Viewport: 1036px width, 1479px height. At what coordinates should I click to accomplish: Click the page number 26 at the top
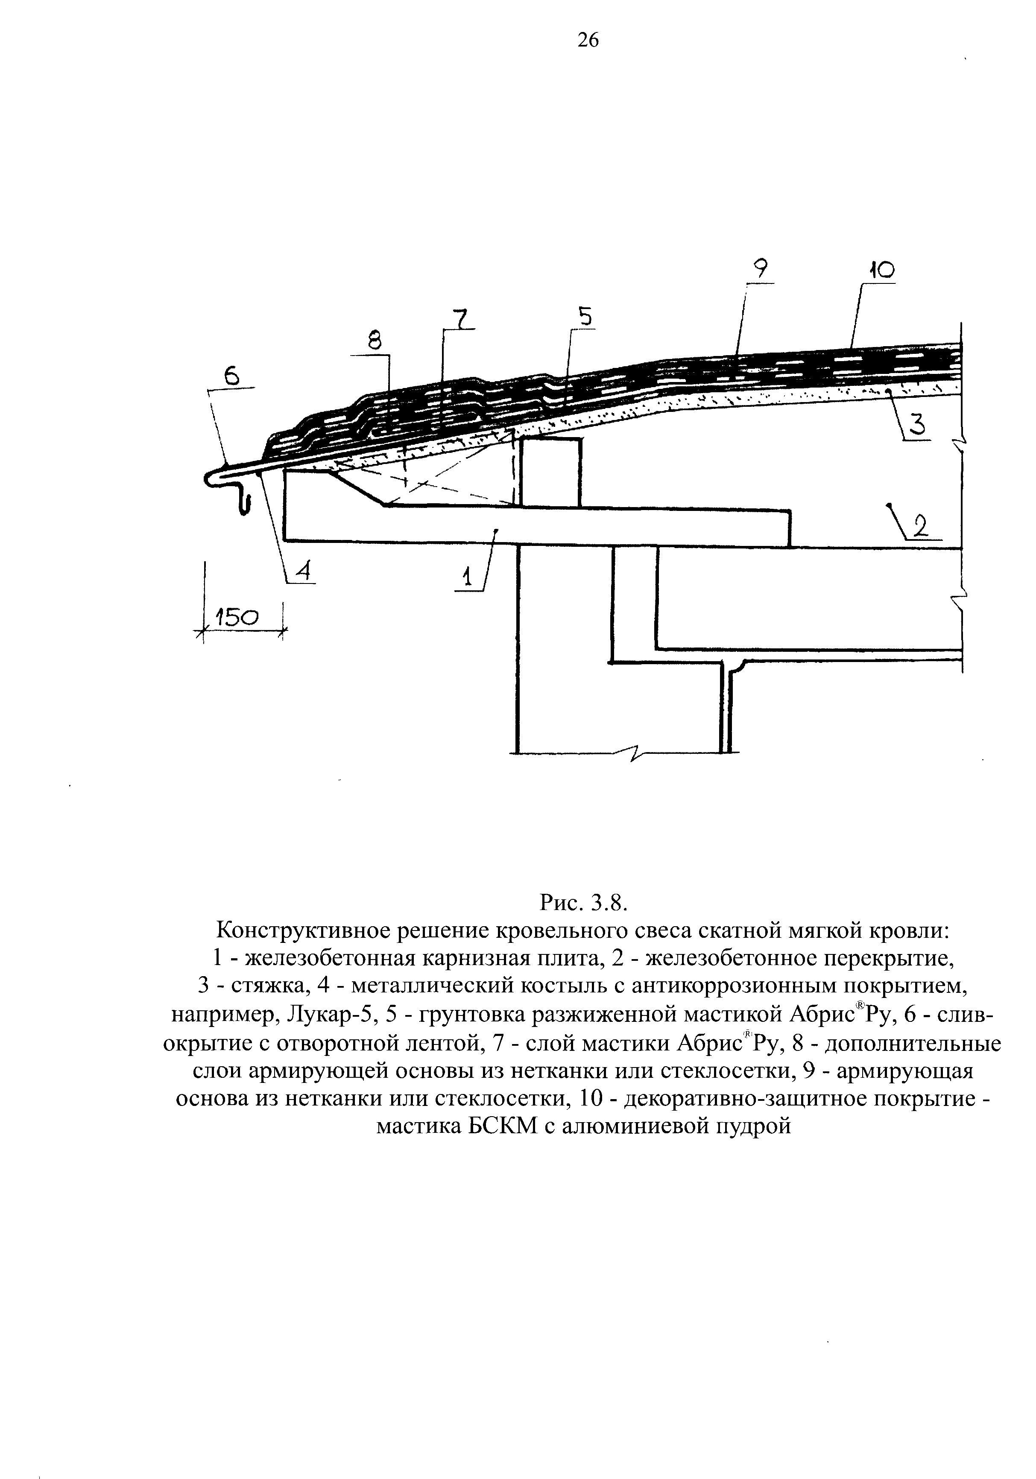point(588,41)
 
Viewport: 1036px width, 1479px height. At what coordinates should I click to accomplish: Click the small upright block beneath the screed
point(550,472)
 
